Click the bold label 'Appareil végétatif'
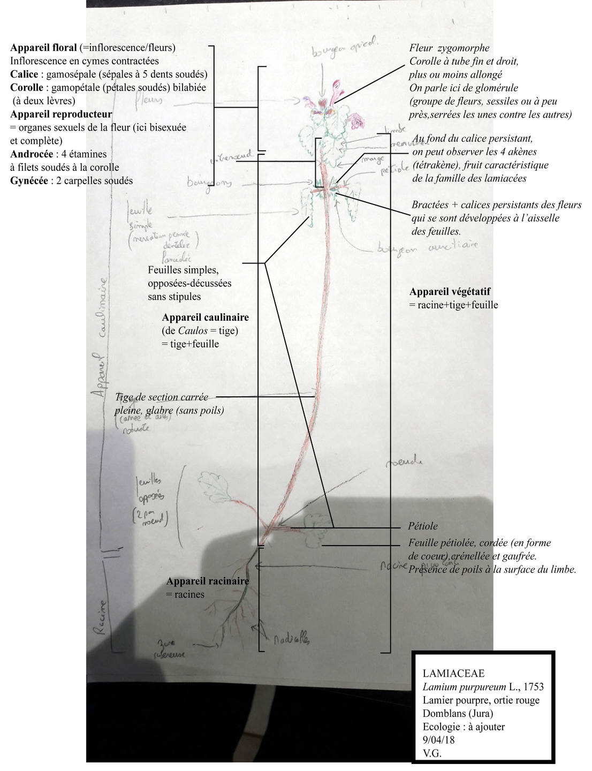(450, 292)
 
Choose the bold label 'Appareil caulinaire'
(205, 318)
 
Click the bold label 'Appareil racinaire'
(207, 581)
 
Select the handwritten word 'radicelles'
(291, 638)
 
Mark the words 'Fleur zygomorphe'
(449, 49)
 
